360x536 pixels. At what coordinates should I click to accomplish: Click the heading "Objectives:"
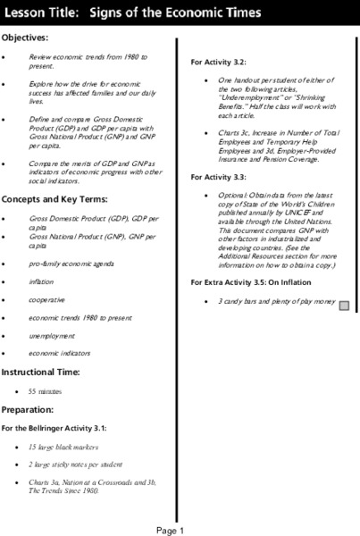pos(25,38)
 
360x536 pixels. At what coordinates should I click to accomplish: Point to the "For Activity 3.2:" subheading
pos(219,62)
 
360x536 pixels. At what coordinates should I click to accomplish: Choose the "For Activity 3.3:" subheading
pos(219,177)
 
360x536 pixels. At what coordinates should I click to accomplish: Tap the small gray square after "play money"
pos(344,304)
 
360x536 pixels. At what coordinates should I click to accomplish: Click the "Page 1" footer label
pos(170,530)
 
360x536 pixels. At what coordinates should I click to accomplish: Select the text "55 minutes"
pos(45,391)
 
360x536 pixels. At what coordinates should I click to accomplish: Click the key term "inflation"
pos(41,281)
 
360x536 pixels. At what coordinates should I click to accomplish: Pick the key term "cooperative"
pos(46,299)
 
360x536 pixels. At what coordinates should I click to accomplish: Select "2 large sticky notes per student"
pos(75,465)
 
